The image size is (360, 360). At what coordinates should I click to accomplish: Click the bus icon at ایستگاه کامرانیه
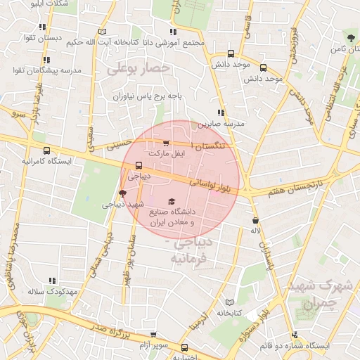point(47,150)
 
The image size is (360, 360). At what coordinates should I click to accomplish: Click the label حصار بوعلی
point(139,69)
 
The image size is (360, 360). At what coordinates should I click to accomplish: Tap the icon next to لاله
point(255,221)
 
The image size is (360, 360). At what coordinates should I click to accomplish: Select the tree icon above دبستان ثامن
point(350,37)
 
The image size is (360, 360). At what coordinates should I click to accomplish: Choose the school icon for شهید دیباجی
point(123,193)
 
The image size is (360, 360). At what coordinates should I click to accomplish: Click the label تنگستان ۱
point(209,144)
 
